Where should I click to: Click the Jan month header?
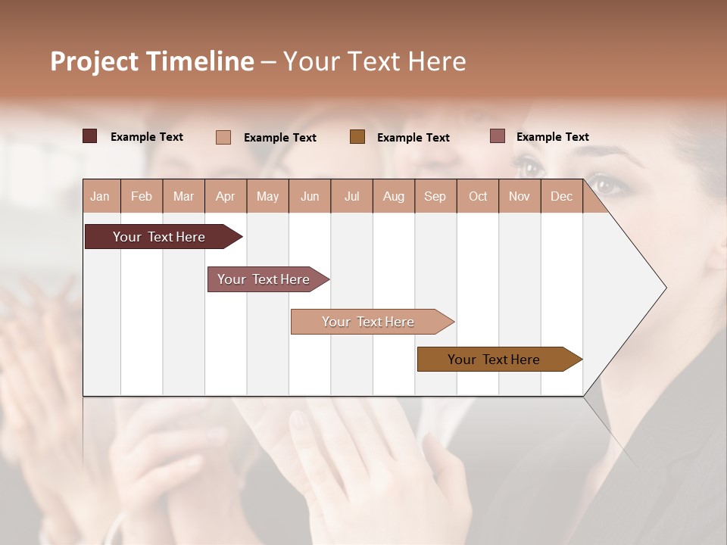coord(100,196)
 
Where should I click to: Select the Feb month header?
coord(142,196)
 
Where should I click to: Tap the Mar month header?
coord(183,196)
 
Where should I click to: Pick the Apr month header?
coord(226,196)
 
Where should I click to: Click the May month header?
coord(267,196)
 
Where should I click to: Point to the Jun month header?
coord(310,196)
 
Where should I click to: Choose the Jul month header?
coord(351,196)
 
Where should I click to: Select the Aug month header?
coord(394,196)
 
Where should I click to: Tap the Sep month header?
coord(435,196)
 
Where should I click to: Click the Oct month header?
coord(478,196)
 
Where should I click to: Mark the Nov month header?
coord(520,196)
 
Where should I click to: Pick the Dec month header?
coord(561,196)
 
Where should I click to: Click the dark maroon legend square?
coord(89,136)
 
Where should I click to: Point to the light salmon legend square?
coord(223,137)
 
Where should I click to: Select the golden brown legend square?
coord(357,136)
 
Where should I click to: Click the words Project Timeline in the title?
coord(152,61)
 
